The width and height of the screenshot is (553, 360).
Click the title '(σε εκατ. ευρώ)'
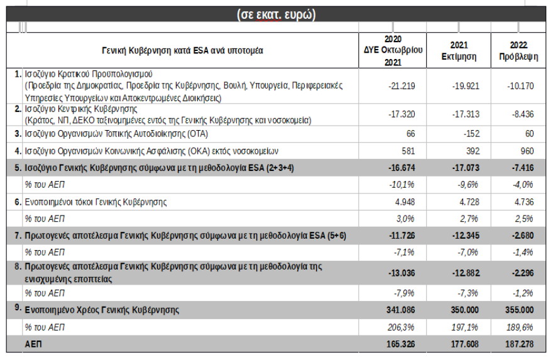tap(276, 14)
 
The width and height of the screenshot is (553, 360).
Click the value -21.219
tap(401, 85)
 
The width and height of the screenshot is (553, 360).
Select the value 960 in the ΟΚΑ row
tap(527, 151)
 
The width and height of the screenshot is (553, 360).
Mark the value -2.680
tap(521, 235)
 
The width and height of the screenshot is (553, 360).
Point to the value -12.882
tap(465, 271)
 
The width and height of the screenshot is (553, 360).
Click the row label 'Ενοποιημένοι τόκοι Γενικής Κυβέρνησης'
tap(95, 202)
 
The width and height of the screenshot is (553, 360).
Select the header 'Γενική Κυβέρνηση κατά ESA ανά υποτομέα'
tap(182, 50)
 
